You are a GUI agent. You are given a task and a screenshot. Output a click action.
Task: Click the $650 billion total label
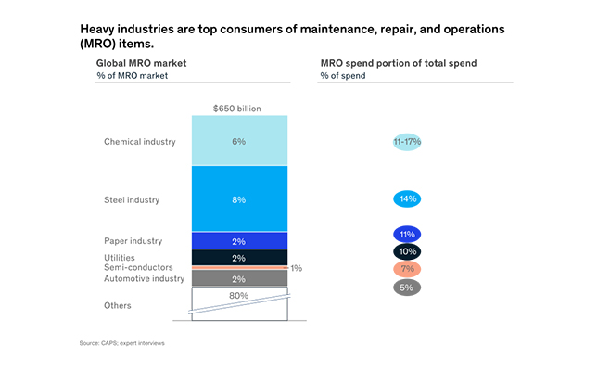pos(239,109)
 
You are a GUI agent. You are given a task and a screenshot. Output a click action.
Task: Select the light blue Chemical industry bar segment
pos(239,141)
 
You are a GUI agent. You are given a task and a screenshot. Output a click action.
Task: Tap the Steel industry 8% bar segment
pos(239,198)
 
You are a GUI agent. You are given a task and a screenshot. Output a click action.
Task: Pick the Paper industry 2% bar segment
pos(239,241)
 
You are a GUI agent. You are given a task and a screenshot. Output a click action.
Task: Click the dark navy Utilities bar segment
pos(239,258)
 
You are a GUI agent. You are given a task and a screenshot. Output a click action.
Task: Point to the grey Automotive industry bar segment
pos(239,278)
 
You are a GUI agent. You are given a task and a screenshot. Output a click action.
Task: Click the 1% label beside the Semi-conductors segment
pos(296,268)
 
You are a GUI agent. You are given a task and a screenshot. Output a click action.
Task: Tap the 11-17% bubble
pos(407,142)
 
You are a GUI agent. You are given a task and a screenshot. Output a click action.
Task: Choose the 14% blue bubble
pos(407,198)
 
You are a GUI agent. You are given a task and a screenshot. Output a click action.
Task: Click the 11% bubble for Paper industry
pos(407,235)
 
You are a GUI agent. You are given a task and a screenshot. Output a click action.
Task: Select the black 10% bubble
pos(407,251)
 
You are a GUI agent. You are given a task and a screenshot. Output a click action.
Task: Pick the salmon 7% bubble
pos(407,269)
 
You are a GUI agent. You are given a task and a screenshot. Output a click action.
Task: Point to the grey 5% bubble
pos(407,287)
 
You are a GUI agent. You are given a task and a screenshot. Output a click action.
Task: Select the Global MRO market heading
pos(141,62)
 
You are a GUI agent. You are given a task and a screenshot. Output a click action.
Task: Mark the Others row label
pos(118,305)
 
